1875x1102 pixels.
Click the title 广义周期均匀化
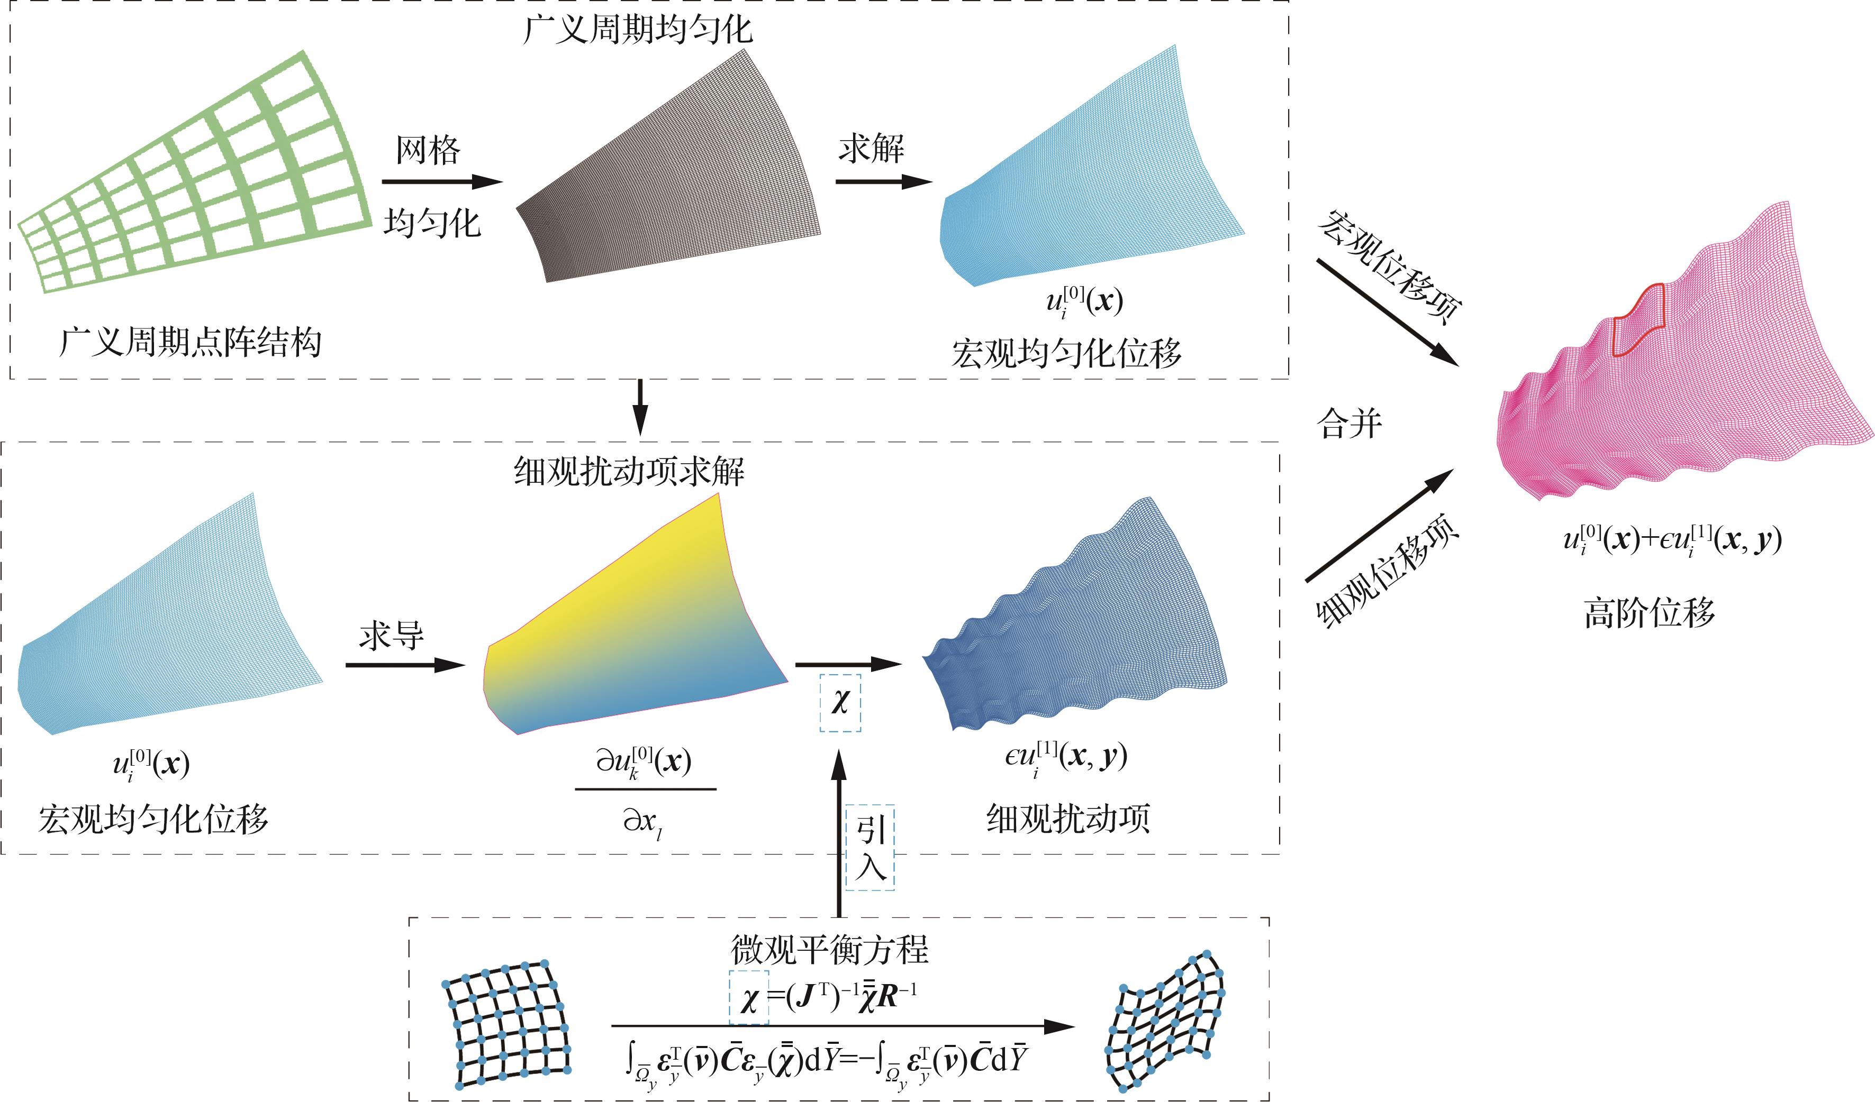click(x=638, y=30)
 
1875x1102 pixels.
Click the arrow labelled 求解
click(x=883, y=181)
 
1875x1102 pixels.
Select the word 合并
click(x=1349, y=425)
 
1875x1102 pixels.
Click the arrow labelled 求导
click(x=405, y=665)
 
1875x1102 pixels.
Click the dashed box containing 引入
click(x=870, y=848)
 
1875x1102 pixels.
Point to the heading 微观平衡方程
click(x=830, y=950)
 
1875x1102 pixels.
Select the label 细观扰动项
click(x=1068, y=819)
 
